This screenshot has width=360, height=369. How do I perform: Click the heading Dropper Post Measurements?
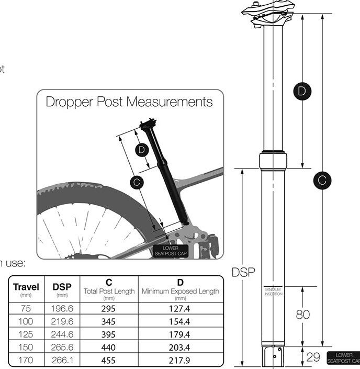tap(129, 101)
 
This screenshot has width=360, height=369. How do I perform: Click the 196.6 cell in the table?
tap(62, 308)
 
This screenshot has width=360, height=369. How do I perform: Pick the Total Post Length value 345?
tap(109, 321)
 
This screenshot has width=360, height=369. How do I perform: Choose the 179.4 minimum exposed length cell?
tap(179, 334)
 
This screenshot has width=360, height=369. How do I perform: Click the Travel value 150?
tap(26, 347)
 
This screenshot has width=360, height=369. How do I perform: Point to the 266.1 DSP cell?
tap(62, 360)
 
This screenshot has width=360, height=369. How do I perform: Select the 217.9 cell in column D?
tap(179, 360)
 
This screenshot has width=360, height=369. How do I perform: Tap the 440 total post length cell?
tap(109, 347)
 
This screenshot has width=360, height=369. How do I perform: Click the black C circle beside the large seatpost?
tap(322, 181)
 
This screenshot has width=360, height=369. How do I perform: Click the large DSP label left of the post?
tap(243, 272)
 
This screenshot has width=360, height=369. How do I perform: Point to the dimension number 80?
tap(303, 315)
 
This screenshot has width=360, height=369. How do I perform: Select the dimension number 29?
tap(313, 357)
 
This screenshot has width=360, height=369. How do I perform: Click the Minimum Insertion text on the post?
tap(273, 291)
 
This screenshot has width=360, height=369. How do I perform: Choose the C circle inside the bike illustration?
tap(136, 182)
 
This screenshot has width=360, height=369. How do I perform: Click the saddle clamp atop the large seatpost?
tap(268, 13)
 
